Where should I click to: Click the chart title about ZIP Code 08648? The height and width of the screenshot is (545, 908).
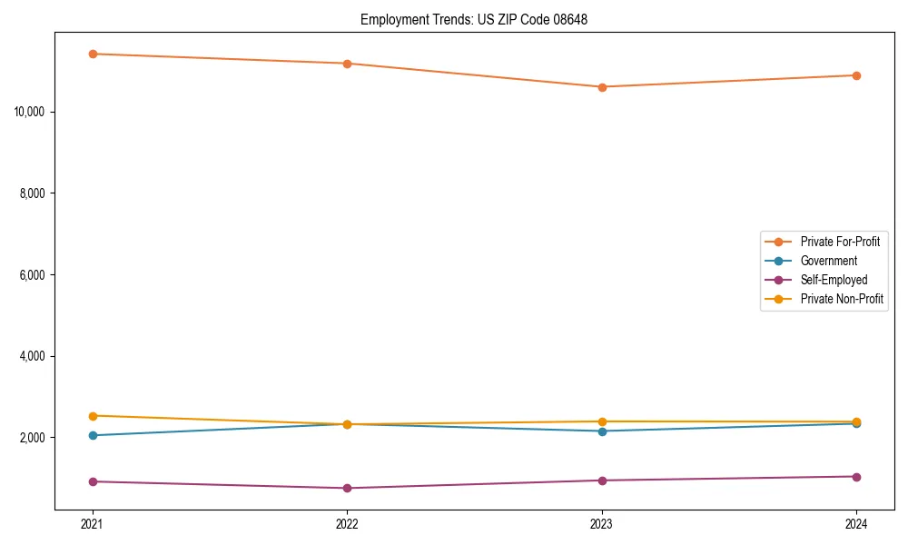(x=474, y=20)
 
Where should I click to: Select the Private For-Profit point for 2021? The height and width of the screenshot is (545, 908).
(x=93, y=54)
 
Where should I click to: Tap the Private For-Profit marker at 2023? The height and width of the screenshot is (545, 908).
(x=602, y=87)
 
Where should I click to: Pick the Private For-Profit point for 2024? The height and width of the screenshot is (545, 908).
(x=856, y=75)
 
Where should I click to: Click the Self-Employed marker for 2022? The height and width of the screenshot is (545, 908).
(x=347, y=489)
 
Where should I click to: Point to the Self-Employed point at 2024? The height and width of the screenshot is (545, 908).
(x=856, y=477)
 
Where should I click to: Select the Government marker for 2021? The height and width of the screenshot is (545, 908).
(x=93, y=435)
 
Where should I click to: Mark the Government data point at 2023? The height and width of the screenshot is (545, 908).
(x=602, y=431)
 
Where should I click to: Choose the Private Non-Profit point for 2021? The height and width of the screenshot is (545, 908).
(x=93, y=416)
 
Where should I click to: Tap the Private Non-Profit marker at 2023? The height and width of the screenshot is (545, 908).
(x=602, y=421)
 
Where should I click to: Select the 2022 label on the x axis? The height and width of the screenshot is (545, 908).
(x=347, y=524)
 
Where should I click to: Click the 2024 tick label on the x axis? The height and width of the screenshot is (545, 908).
(x=856, y=524)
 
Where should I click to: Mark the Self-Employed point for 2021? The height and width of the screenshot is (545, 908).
(x=93, y=481)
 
